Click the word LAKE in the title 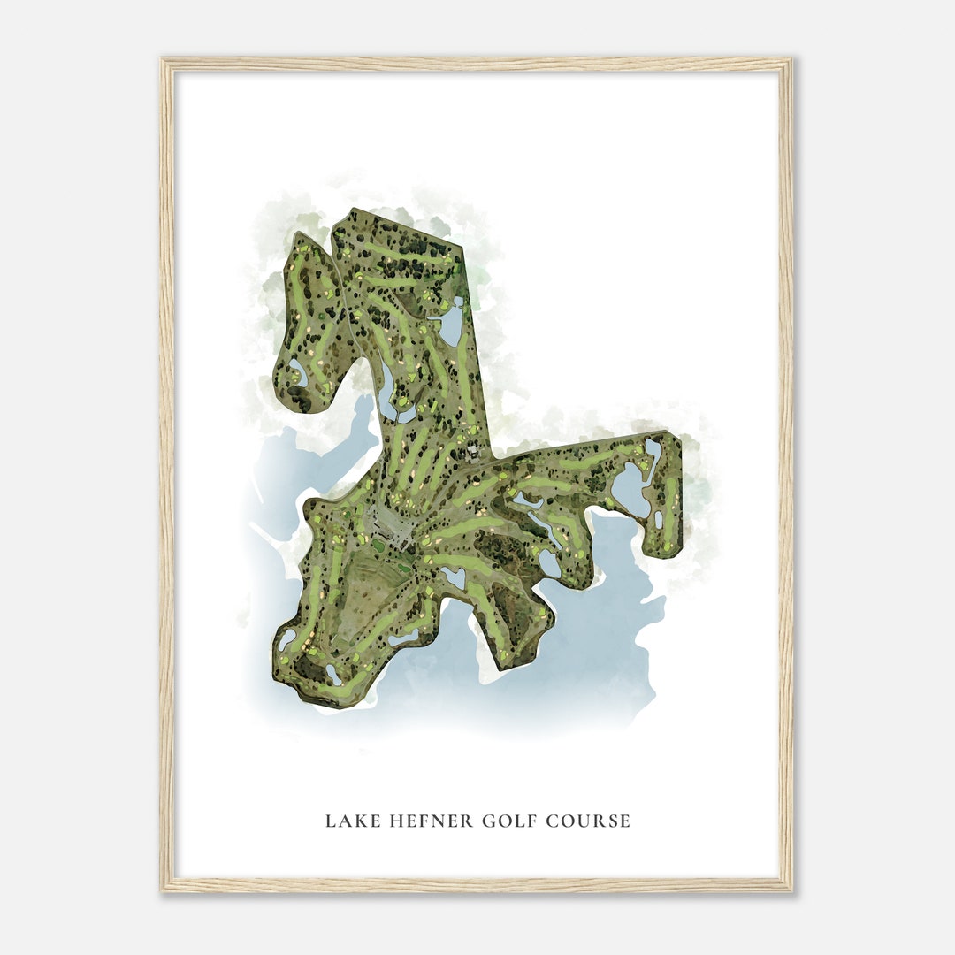pyautogui.click(x=346, y=821)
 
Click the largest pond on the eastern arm pyautogui.click(x=630, y=490)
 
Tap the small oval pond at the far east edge pyautogui.click(x=659, y=520)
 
